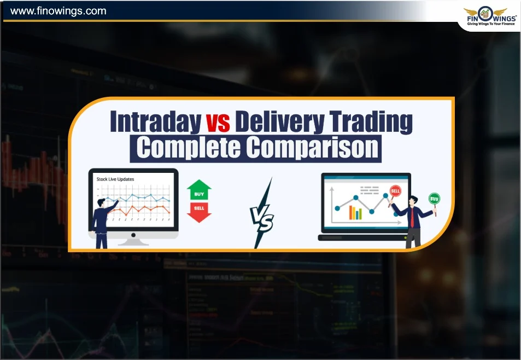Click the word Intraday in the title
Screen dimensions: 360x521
point(155,122)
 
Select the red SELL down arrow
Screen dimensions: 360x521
point(199,212)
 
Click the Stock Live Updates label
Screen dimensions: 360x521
point(115,179)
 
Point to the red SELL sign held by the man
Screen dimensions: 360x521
point(395,191)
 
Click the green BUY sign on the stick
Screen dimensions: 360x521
point(434,198)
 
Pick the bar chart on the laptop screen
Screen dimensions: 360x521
point(356,212)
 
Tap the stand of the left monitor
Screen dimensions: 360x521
point(133,240)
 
